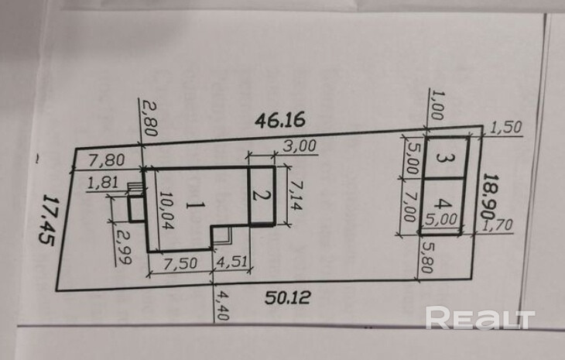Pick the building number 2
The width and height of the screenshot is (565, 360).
(x=261, y=195)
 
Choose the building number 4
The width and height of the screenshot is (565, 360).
(x=442, y=204)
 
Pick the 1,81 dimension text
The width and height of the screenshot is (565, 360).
(x=103, y=183)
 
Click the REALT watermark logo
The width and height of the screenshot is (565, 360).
(x=480, y=318)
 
